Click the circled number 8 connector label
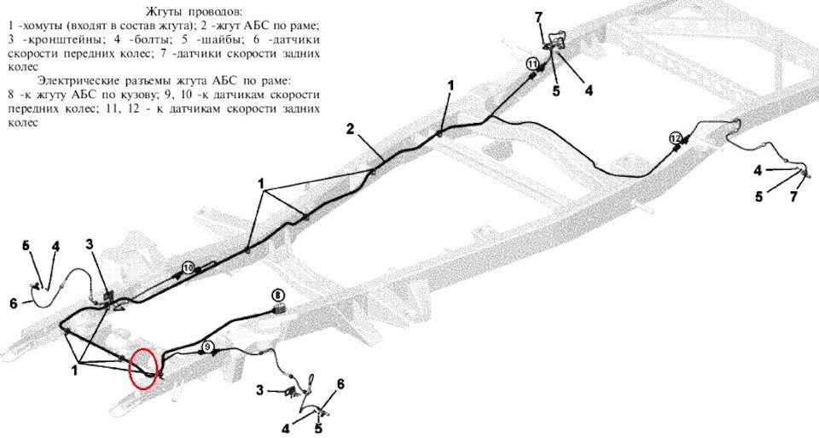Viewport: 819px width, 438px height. pyautogui.click(x=278, y=295)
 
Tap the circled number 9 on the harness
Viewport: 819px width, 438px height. pyautogui.click(x=207, y=347)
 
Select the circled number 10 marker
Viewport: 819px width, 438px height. pyautogui.click(x=189, y=268)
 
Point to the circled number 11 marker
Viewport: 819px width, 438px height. pyautogui.click(x=532, y=64)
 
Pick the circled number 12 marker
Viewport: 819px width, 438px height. pyautogui.click(x=675, y=138)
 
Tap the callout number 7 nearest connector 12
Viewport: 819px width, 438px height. pyautogui.click(x=793, y=197)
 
